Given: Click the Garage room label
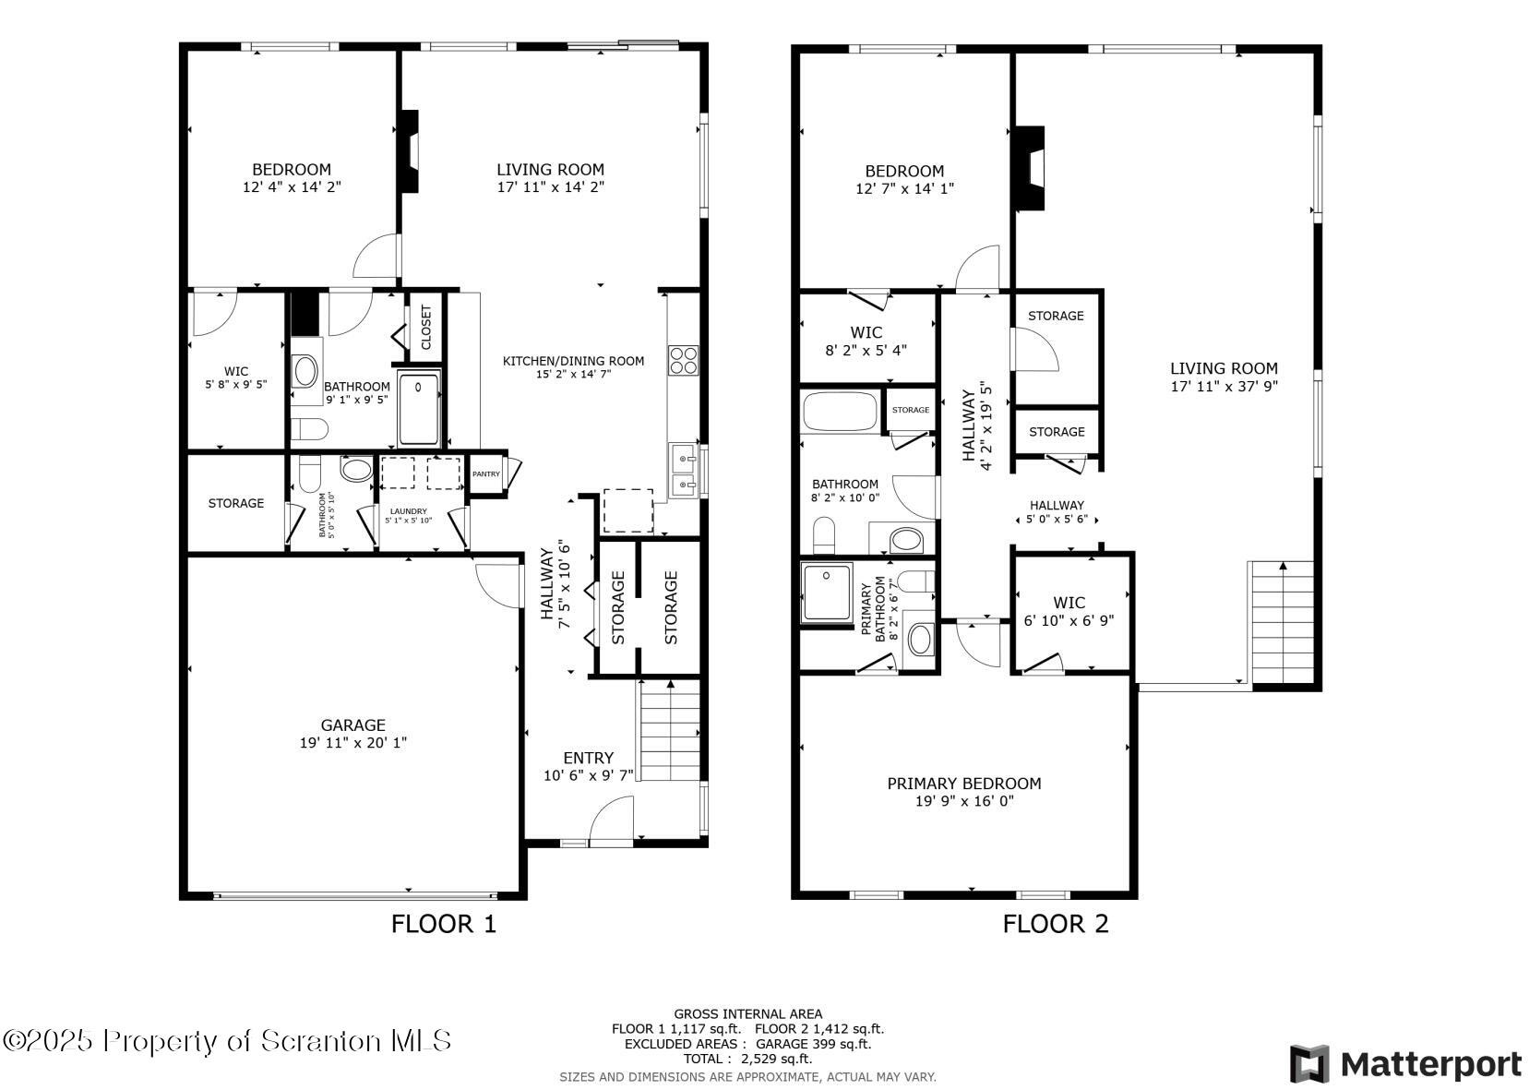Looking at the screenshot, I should coord(352,725).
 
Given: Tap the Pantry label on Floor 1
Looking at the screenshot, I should coord(486,474).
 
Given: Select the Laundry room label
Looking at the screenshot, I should coord(408,511).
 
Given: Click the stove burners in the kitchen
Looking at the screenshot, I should coord(684,360).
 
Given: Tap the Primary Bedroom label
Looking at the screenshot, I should coord(963,784).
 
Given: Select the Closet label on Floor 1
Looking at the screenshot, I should coord(426,328).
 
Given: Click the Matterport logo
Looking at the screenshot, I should coord(1404,1063).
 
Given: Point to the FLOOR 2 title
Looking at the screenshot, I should coord(1055,923).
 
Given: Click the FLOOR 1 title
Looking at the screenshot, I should coord(444,923).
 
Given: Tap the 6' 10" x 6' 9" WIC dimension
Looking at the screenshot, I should coord(1069,621).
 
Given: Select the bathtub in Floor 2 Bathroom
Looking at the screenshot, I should coord(840,412).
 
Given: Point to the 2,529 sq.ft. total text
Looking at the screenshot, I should coord(747,1059).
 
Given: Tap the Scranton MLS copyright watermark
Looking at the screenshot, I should coord(227,1041).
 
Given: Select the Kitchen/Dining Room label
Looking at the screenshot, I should coord(573,361).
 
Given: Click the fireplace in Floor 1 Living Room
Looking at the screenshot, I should coord(409,152).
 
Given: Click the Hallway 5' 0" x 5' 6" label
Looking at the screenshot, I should coord(1057,512).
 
